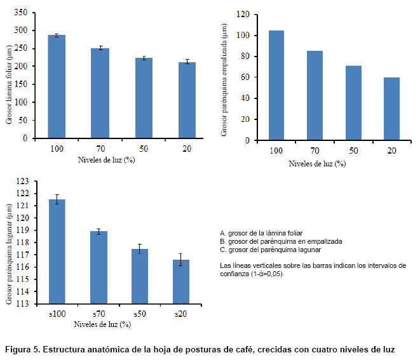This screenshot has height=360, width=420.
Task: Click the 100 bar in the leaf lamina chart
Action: (57, 86)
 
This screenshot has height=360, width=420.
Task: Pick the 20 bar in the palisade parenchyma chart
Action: (391, 109)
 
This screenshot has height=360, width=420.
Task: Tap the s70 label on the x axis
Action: (98, 314)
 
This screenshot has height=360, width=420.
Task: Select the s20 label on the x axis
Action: (180, 314)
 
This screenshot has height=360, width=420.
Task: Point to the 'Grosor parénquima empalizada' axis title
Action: (224, 79)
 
